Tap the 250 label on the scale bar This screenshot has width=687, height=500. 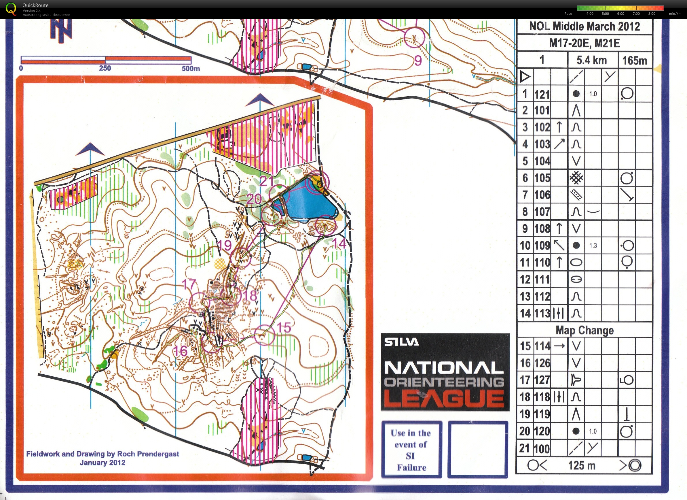(x=105, y=68)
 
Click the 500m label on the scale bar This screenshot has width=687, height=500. (x=191, y=69)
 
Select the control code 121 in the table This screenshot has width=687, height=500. (x=542, y=95)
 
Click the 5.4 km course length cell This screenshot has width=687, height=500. (x=592, y=60)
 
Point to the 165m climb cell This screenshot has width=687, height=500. (x=634, y=61)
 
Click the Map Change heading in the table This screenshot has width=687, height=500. (x=584, y=330)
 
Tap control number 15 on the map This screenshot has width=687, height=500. (x=284, y=327)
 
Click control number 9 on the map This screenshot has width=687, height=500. (x=418, y=61)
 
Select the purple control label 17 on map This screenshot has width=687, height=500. (x=189, y=284)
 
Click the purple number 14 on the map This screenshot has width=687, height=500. (x=339, y=243)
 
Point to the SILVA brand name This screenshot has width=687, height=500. (x=402, y=342)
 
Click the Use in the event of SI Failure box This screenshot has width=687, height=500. (x=411, y=450)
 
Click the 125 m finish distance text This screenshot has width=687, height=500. (x=582, y=465)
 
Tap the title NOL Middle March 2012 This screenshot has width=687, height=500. (x=584, y=27)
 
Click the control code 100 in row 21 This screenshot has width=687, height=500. (x=542, y=448)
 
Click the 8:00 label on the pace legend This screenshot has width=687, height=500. (x=652, y=14)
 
